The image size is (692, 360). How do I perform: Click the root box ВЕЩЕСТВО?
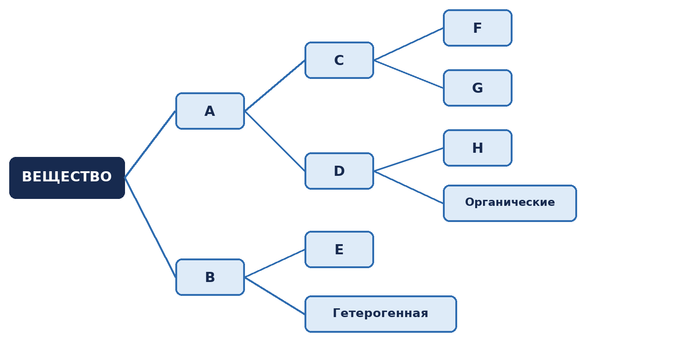click(x=67, y=178)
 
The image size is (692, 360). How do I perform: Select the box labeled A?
click(x=210, y=111)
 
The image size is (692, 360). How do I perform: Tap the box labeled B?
click(x=210, y=277)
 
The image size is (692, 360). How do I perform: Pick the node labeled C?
click(x=339, y=60)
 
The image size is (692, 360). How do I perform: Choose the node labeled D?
click(x=339, y=171)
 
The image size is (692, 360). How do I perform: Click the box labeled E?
click(x=339, y=249)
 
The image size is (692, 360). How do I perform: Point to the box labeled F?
click(x=477, y=28)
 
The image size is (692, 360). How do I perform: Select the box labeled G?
click(x=477, y=88)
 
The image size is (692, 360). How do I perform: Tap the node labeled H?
click(x=477, y=148)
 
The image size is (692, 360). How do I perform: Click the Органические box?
click(x=510, y=204)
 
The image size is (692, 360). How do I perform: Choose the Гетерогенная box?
click(x=381, y=314)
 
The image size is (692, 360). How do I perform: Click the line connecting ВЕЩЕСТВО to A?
click(x=150, y=144)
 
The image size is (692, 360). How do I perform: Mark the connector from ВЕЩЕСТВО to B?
click(x=150, y=228)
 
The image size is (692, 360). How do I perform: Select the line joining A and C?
click(x=274, y=85)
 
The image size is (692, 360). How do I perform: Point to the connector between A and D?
click(x=274, y=141)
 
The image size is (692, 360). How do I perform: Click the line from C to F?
click(x=408, y=44)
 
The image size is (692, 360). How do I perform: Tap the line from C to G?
click(x=408, y=74)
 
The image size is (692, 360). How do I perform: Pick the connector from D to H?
click(x=408, y=159)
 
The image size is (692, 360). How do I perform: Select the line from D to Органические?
click(x=408, y=187)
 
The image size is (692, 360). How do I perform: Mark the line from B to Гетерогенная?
click(x=274, y=296)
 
